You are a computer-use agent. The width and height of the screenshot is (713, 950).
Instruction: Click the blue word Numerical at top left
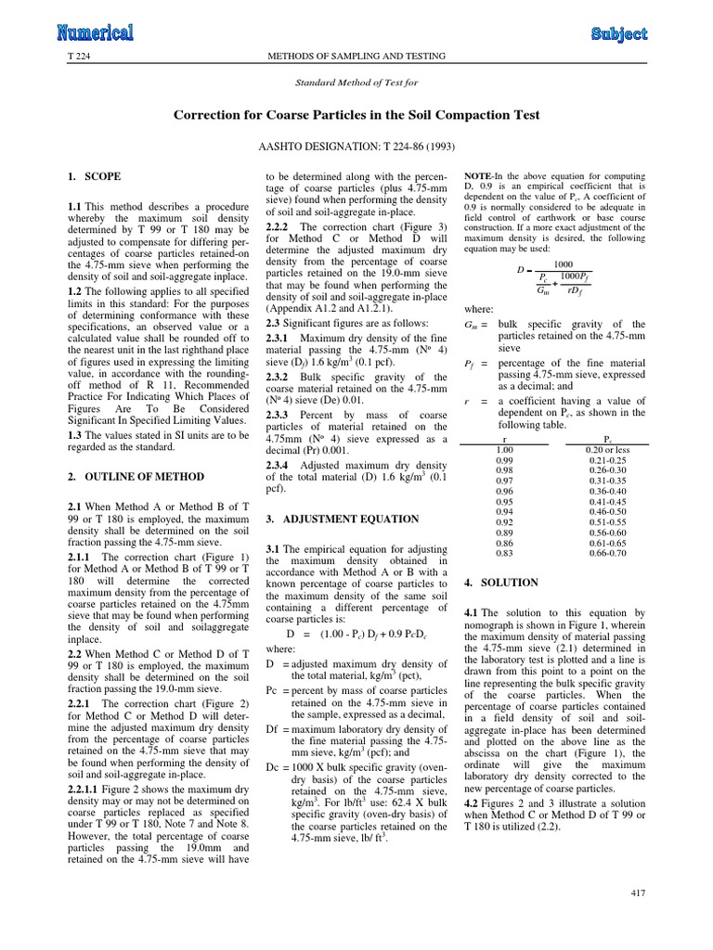95,33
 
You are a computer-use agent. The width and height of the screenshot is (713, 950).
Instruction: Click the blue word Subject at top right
619,34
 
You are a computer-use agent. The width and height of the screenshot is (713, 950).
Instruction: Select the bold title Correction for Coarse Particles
357,114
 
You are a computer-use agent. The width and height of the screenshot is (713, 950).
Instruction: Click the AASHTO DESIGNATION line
357,146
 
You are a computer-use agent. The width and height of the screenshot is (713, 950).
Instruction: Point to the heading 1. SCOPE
94,175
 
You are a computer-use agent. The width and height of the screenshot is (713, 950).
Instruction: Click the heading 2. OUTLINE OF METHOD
136,476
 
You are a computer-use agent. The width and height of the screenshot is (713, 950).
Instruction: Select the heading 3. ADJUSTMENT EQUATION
342,519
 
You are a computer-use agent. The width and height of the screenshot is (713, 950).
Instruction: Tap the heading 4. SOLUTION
499,583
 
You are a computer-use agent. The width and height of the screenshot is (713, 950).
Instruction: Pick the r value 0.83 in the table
504,553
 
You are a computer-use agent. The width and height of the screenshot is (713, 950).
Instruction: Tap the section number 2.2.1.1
86,815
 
